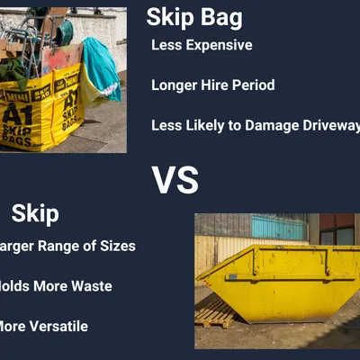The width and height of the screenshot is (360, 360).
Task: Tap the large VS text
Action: [x=175, y=180]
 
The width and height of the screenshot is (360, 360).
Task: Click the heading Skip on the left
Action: [x=35, y=213]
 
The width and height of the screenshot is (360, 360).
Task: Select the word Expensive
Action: [x=221, y=45]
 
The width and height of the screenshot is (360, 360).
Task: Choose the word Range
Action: [x=65, y=247]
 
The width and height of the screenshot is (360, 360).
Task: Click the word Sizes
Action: [x=118, y=247]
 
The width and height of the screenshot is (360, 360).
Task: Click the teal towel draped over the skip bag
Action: [x=102, y=67]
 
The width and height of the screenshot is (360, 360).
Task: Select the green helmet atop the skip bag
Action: [x=65, y=32]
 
